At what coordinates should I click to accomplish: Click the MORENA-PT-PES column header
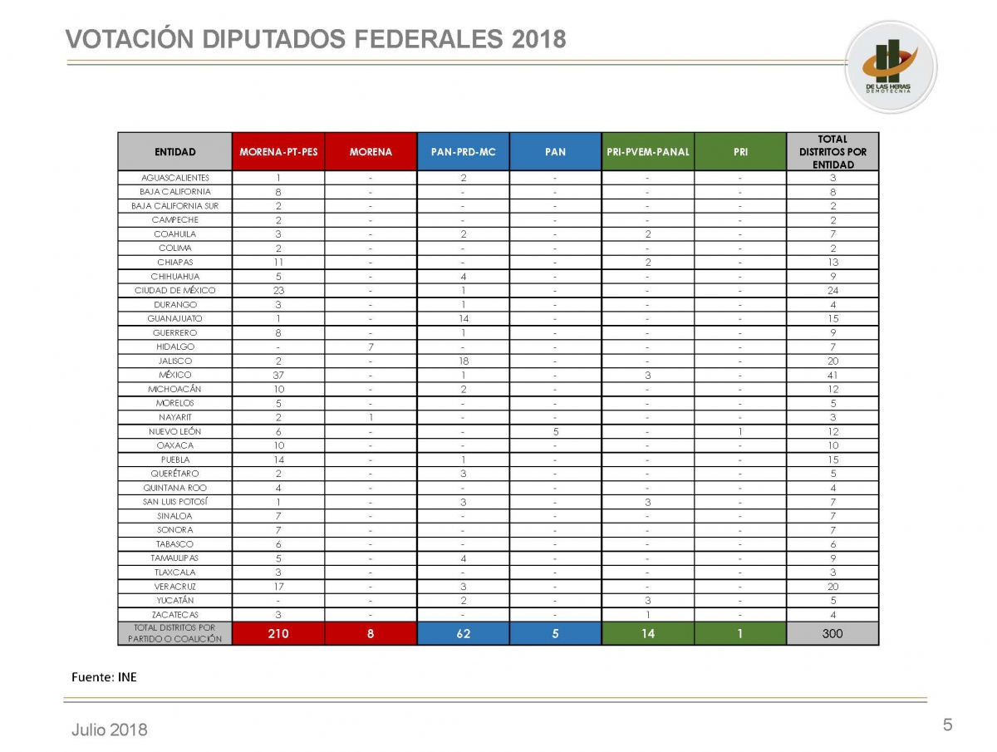(x=278, y=152)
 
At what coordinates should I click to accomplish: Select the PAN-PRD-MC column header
(x=463, y=152)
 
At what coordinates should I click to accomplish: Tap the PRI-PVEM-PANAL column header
(x=647, y=152)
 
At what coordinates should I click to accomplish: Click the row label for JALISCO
(x=175, y=361)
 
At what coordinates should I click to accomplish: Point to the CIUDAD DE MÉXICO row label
(x=175, y=290)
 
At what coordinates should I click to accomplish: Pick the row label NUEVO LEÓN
(x=175, y=431)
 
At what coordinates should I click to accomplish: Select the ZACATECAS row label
(x=175, y=614)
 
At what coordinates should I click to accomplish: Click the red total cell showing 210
(x=278, y=633)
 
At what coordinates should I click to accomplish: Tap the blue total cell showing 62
(x=463, y=633)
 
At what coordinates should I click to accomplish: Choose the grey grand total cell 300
(x=832, y=633)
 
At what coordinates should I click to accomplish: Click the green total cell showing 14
(x=647, y=633)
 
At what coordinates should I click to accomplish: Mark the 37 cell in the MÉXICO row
(x=278, y=375)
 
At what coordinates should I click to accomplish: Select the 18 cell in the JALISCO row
(x=463, y=361)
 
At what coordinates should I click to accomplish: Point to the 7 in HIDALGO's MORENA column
(x=371, y=347)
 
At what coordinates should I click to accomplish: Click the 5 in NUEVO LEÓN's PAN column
(x=555, y=431)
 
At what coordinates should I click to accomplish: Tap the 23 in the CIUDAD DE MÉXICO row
(x=278, y=290)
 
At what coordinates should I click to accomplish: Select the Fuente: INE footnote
(x=104, y=677)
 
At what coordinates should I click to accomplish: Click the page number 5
(x=947, y=725)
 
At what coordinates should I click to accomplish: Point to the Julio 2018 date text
(x=109, y=730)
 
